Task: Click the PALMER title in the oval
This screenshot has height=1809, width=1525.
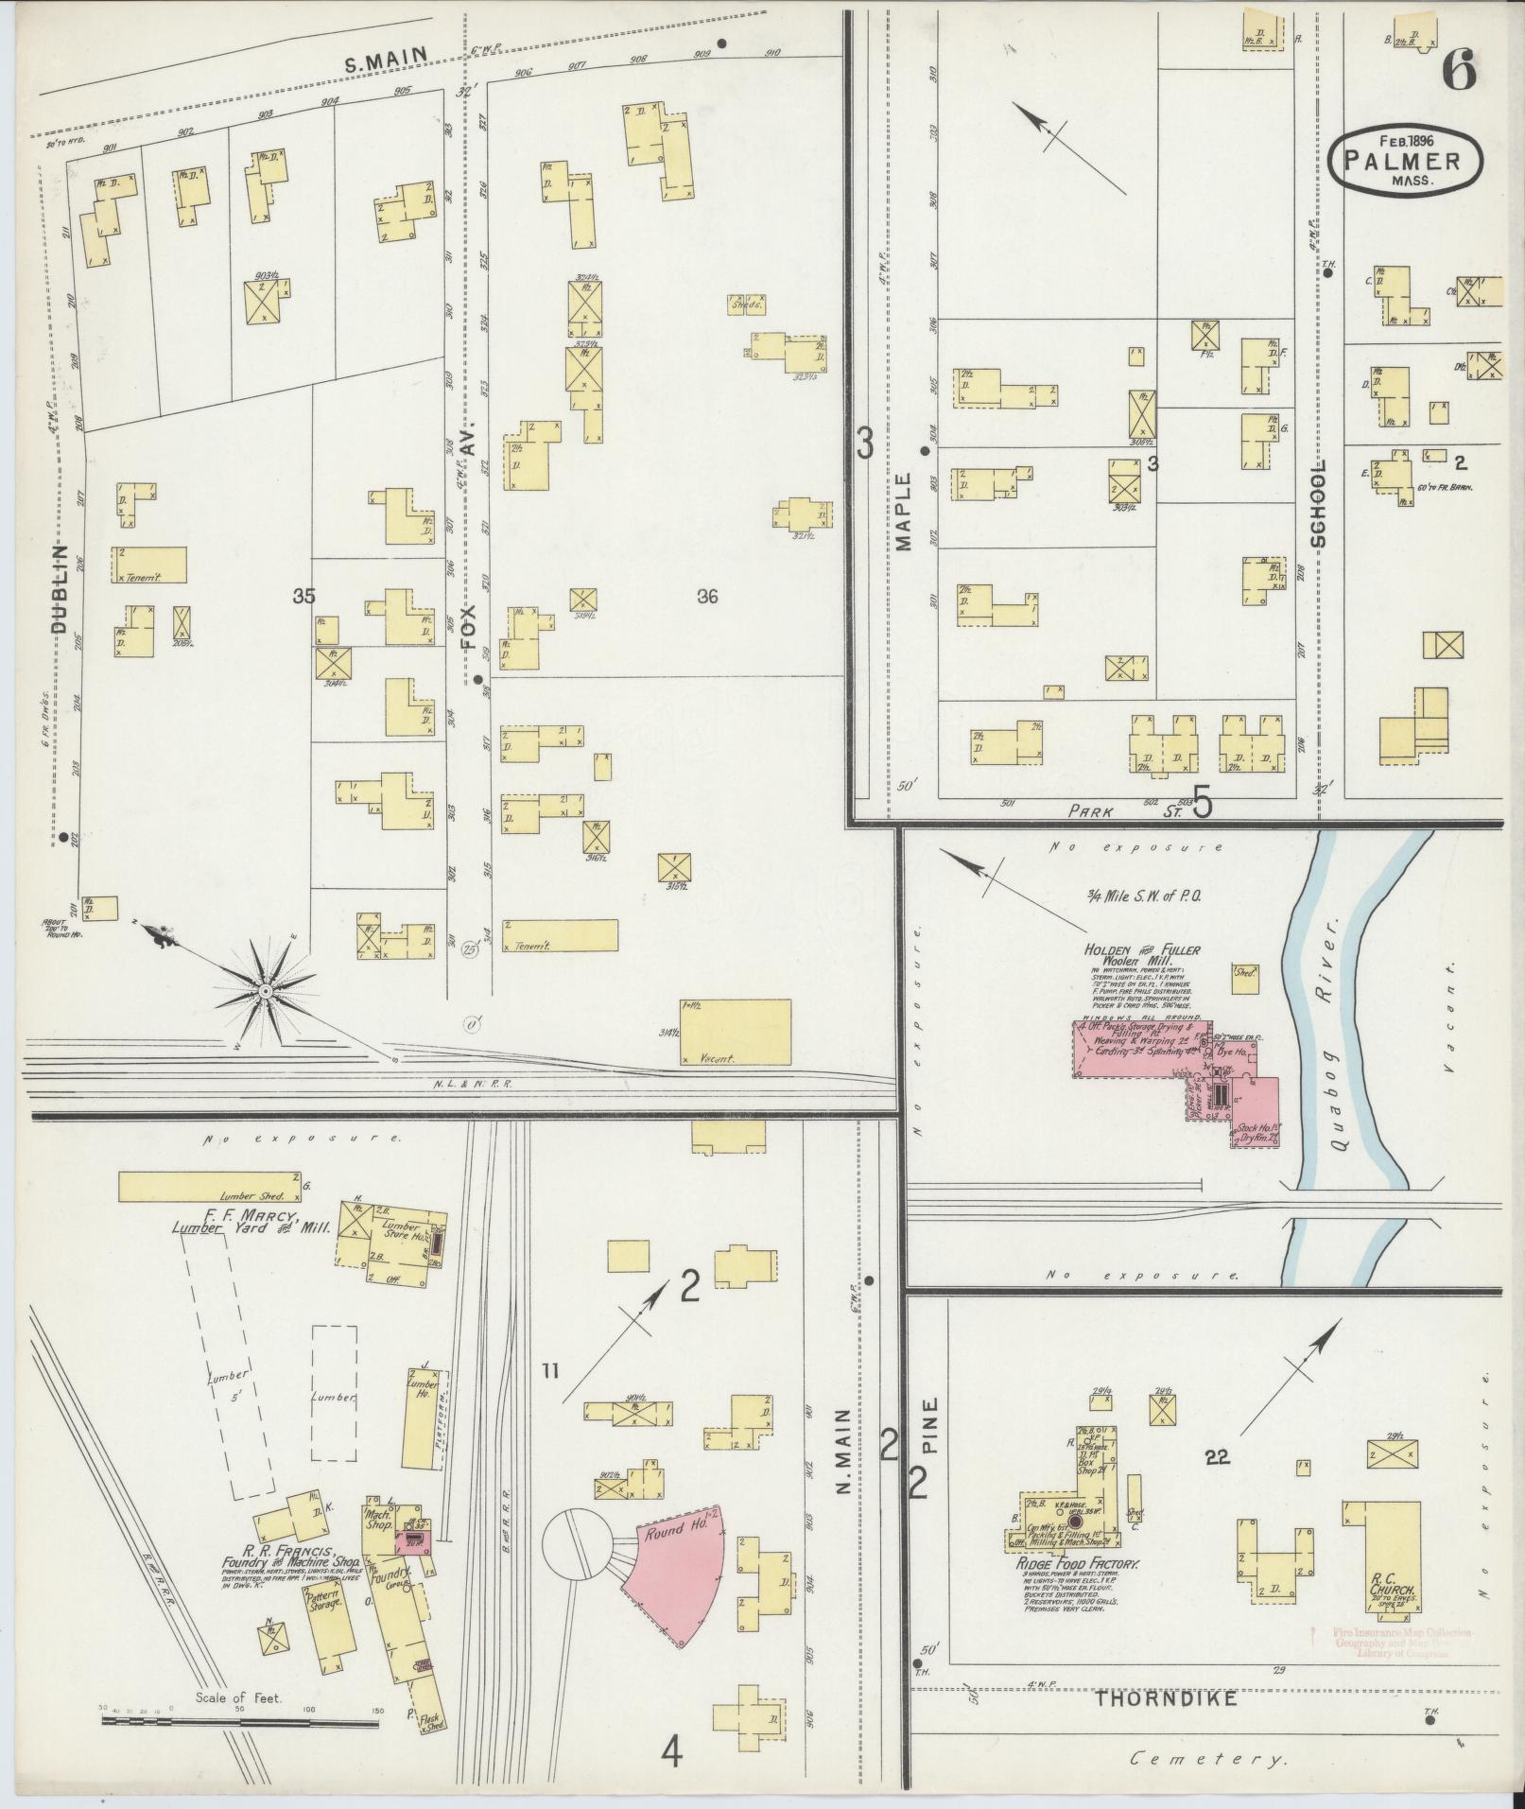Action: coord(1406,160)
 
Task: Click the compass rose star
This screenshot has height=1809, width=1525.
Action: coord(267,991)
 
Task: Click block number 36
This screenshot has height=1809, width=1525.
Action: coord(707,596)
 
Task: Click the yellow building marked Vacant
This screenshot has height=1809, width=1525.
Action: coord(734,1032)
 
